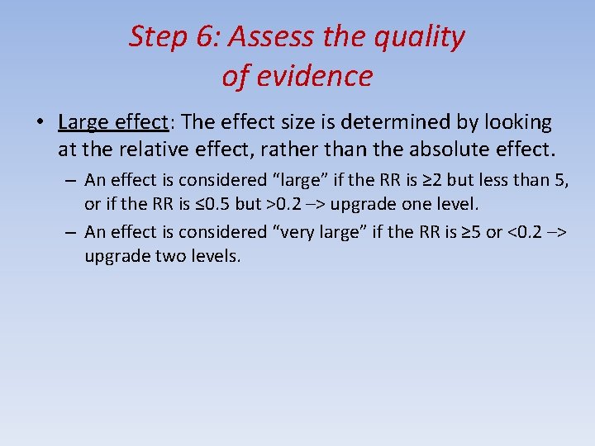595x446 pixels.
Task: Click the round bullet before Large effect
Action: tap(40, 123)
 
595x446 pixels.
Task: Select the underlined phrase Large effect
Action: tap(113, 122)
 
